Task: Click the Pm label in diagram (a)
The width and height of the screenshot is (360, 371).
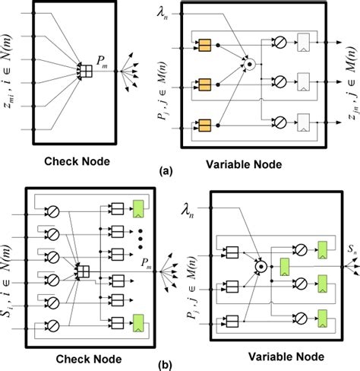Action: [102, 62]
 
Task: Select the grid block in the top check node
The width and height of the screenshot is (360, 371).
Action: [86, 71]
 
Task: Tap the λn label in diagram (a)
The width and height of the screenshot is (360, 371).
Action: [162, 14]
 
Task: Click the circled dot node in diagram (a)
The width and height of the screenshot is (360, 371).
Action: [249, 65]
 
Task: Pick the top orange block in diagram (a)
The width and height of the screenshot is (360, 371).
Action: [205, 46]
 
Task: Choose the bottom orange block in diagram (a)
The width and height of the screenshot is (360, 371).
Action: [205, 125]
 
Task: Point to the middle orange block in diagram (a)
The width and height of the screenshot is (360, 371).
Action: [205, 85]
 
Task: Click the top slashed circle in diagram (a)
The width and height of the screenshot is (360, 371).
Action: [280, 42]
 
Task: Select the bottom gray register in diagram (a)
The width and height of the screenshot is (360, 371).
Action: [303, 122]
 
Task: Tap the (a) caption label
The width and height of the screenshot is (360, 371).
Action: [166, 172]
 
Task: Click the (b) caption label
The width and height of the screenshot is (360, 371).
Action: [165, 366]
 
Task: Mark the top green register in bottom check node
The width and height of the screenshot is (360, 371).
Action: [138, 209]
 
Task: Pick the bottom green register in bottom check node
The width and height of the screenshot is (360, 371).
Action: [138, 323]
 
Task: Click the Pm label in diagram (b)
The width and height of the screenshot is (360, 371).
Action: [147, 263]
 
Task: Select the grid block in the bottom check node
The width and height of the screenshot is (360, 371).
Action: [84, 271]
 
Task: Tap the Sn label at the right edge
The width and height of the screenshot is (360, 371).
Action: [352, 249]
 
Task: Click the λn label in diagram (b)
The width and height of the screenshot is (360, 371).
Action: [188, 211]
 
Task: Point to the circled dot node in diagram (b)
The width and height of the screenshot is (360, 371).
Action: [261, 266]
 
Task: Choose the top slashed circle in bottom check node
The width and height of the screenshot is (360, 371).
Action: [53, 211]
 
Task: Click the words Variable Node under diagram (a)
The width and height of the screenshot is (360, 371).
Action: [244, 164]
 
